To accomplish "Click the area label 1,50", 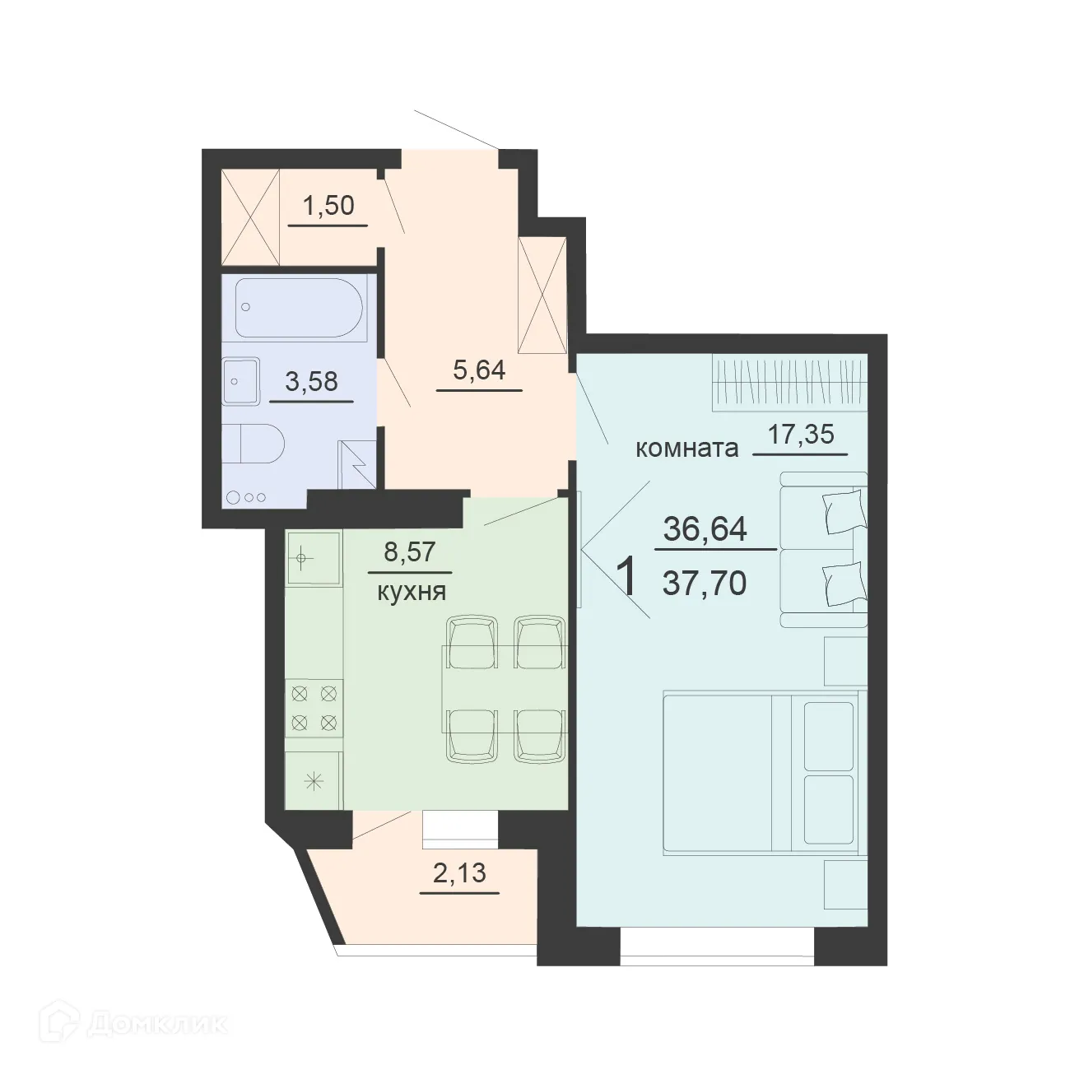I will pyautogui.click(x=328, y=205).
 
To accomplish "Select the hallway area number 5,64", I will pyautogui.click(x=478, y=371).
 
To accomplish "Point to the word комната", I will pyautogui.click(x=686, y=449).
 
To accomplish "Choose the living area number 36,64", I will pyautogui.click(x=705, y=528).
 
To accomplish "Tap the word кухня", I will pyautogui.click(x=411, y=591).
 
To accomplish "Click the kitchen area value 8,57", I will pyautogui.click(x=409, y=552).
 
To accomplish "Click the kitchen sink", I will pyautogui.click(x=313, y=558).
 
